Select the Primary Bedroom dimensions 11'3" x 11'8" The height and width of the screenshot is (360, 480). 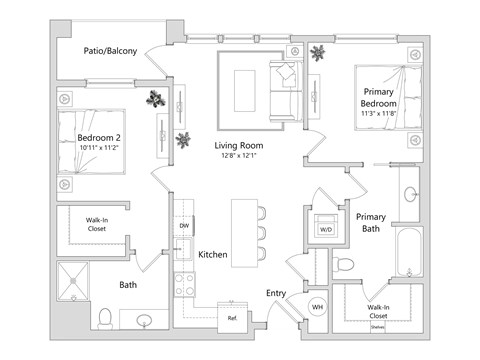click(x=379, y=113)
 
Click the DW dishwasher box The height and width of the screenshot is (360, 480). click(x=184, y=227)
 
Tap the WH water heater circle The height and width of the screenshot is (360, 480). click(x=316, y=306)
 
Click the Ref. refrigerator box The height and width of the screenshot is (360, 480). click(x=232, y=318)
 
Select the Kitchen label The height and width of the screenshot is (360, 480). click(x=213, y=255)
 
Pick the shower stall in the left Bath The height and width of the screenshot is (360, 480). click(x=75, y=282)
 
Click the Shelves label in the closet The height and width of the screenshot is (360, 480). click(x=376, y=325)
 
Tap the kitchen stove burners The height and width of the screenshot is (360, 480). click(x=184, y=282)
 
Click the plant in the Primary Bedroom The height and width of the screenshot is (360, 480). click(x=319, y=53)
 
